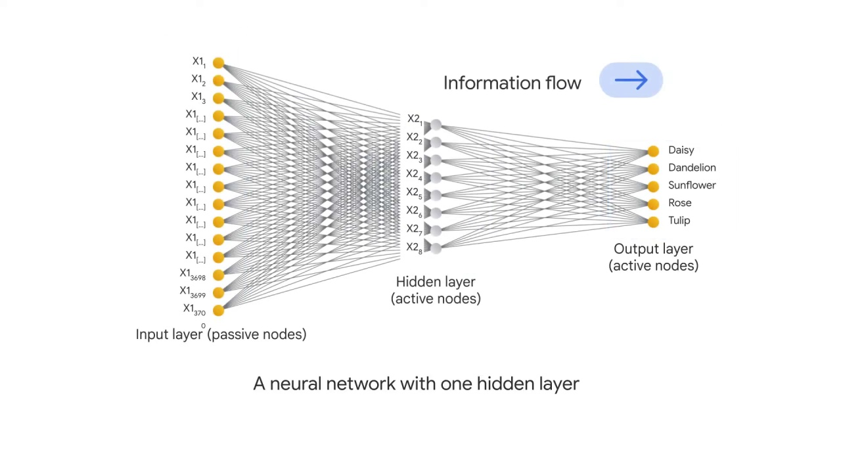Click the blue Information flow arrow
(x=631, y=81)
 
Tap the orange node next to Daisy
(x=653, y=152)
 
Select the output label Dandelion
(x=692, y=168)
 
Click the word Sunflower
(x=692, y=185)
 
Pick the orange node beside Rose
(x=653, y=204)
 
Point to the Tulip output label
(x=679, y=221)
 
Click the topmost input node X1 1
(x=218, y=63)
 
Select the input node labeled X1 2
(x=218, y=81)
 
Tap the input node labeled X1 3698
(x=218, y=275)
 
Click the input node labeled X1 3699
(x=218, y=293)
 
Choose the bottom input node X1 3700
(x=218, y=311)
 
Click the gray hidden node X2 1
(x=436, y=124)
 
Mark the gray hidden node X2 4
(x=436, y=177)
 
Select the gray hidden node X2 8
(x=436, y=247)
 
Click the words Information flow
(x=512, y=83)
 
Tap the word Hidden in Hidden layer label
(x=417, y=282)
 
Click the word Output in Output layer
(x=635, y=249)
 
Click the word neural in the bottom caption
(x=296, y=384)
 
